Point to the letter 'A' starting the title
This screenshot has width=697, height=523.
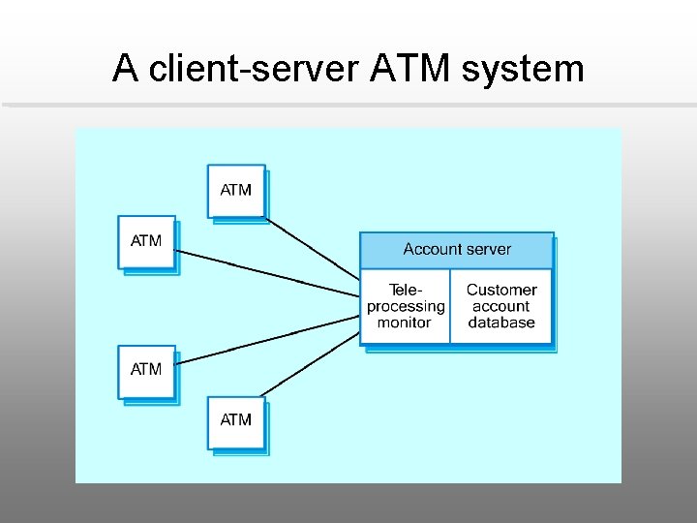124,69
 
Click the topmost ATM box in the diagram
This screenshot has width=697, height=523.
236,190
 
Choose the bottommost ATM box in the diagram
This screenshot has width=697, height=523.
236,420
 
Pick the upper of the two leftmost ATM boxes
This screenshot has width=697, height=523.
146,241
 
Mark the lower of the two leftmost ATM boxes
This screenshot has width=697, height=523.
146,370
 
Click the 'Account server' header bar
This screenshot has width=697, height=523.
456,250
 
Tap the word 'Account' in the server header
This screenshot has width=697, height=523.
432,250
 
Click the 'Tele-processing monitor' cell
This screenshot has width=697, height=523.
406,306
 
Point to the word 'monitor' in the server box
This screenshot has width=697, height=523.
404,323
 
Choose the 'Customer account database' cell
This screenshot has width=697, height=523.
501,306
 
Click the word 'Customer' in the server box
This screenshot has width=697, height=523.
501,290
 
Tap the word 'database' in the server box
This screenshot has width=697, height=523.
501,323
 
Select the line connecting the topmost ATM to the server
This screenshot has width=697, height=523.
312,247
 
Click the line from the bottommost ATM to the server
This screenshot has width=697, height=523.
310,363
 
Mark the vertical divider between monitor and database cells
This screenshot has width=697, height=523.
450,306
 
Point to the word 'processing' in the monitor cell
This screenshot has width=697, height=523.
406,306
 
